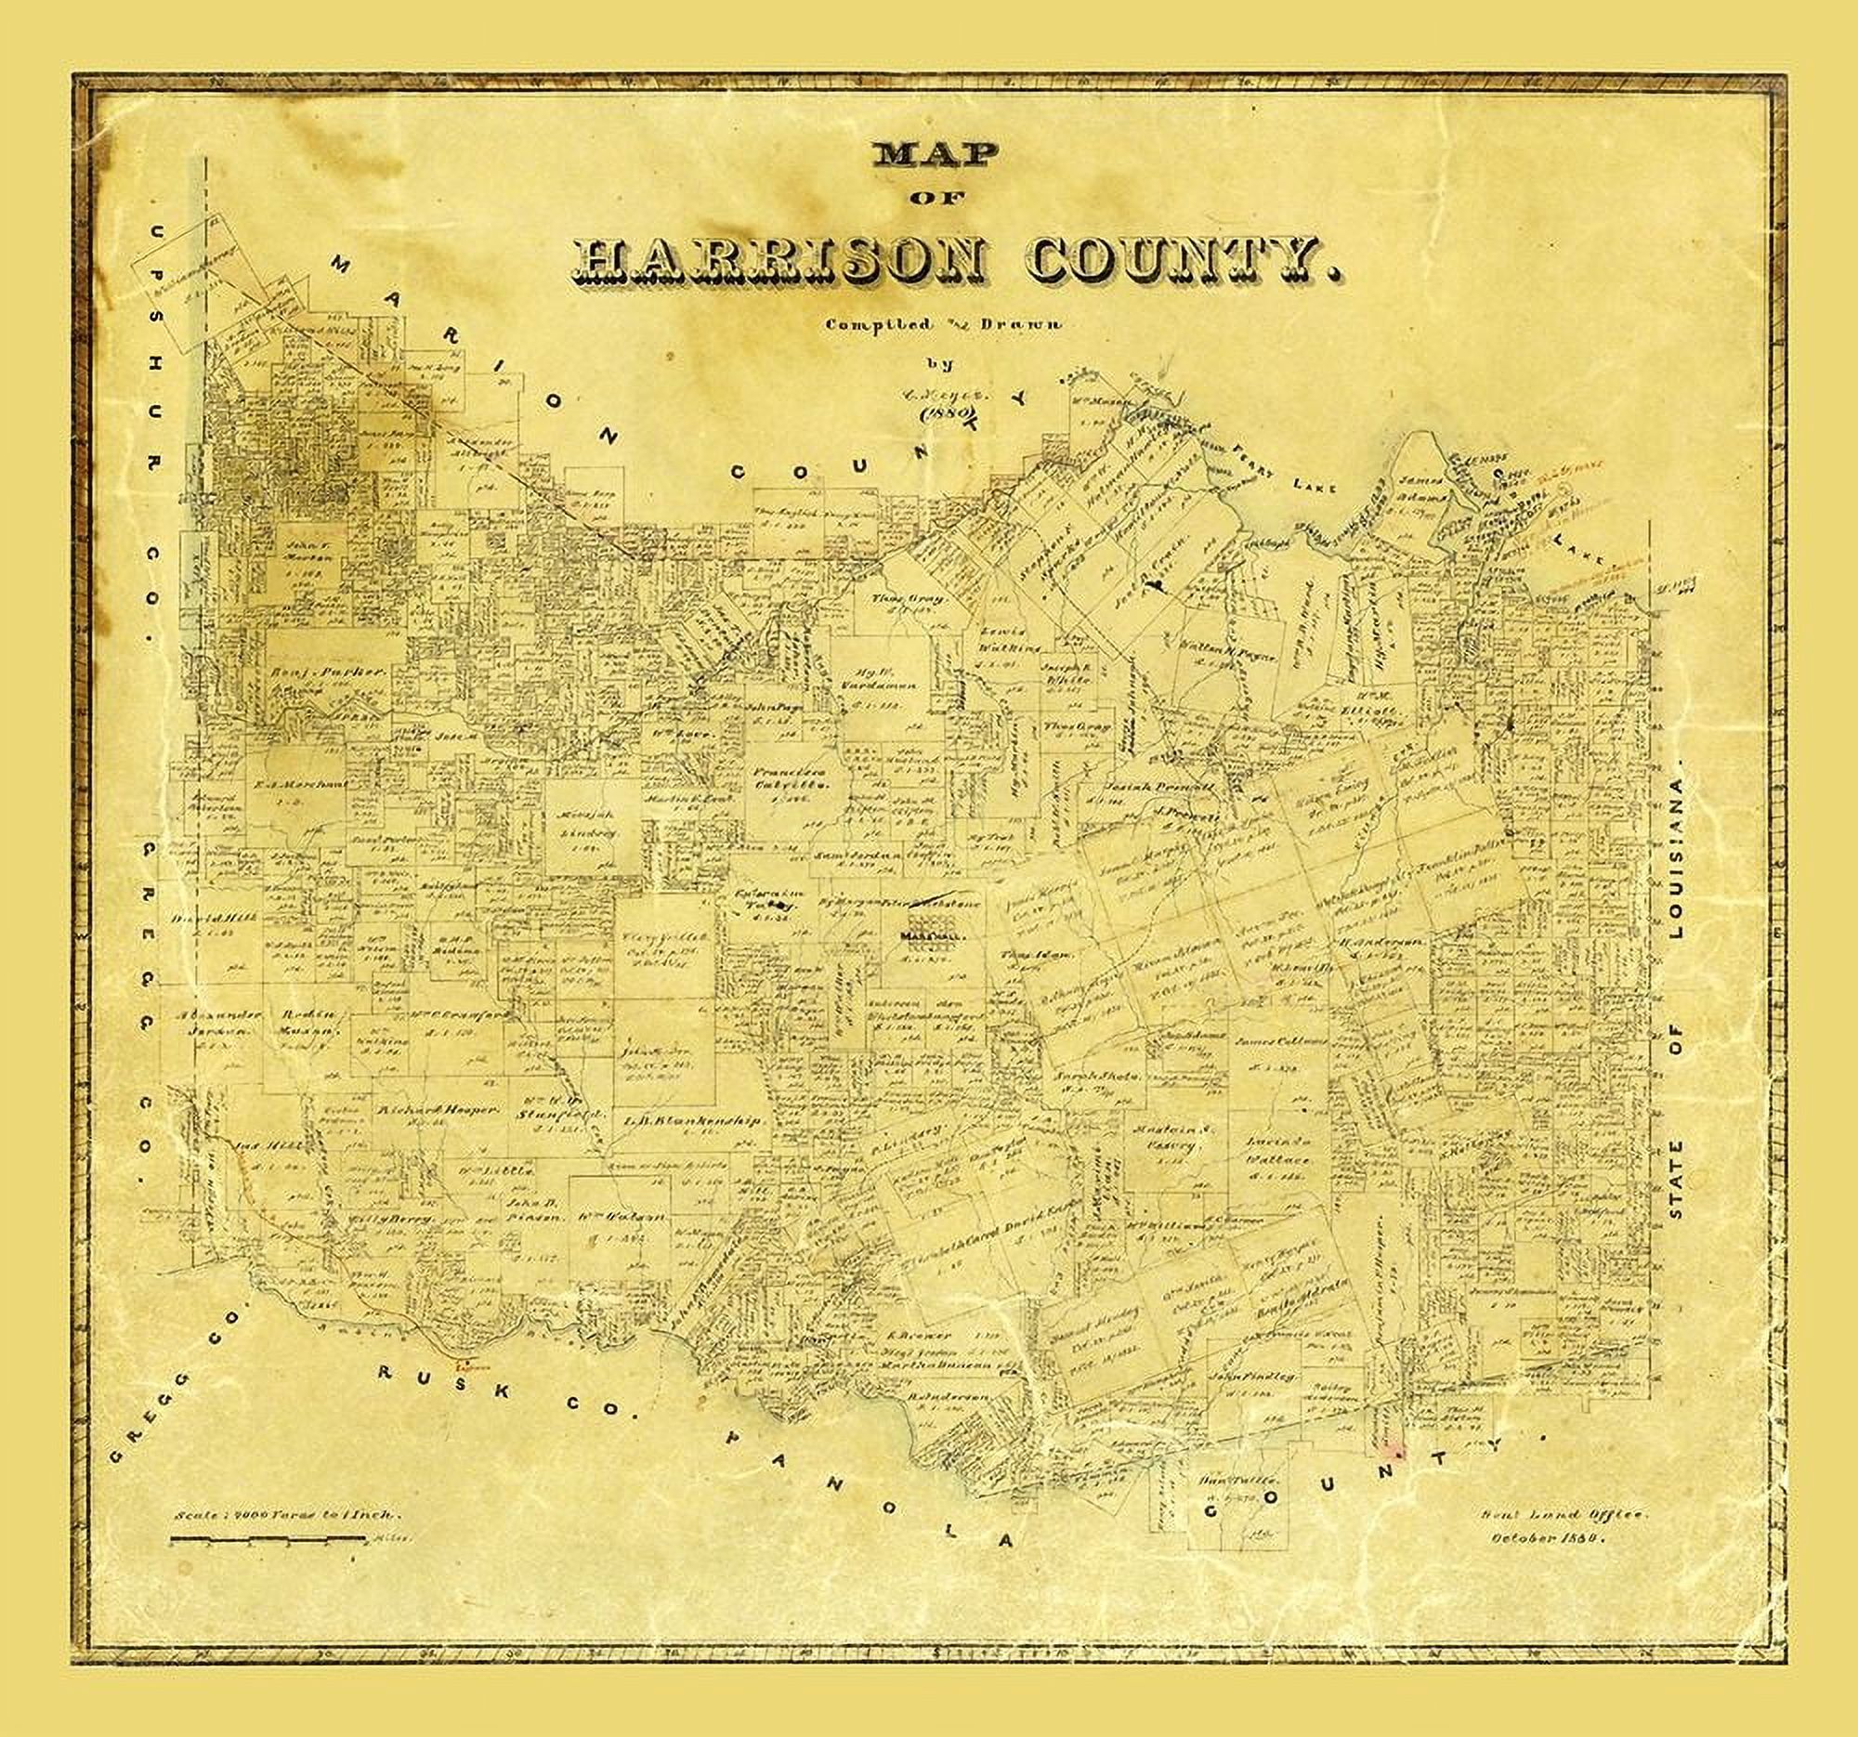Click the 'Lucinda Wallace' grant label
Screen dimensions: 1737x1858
(x=1276, y=1151)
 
